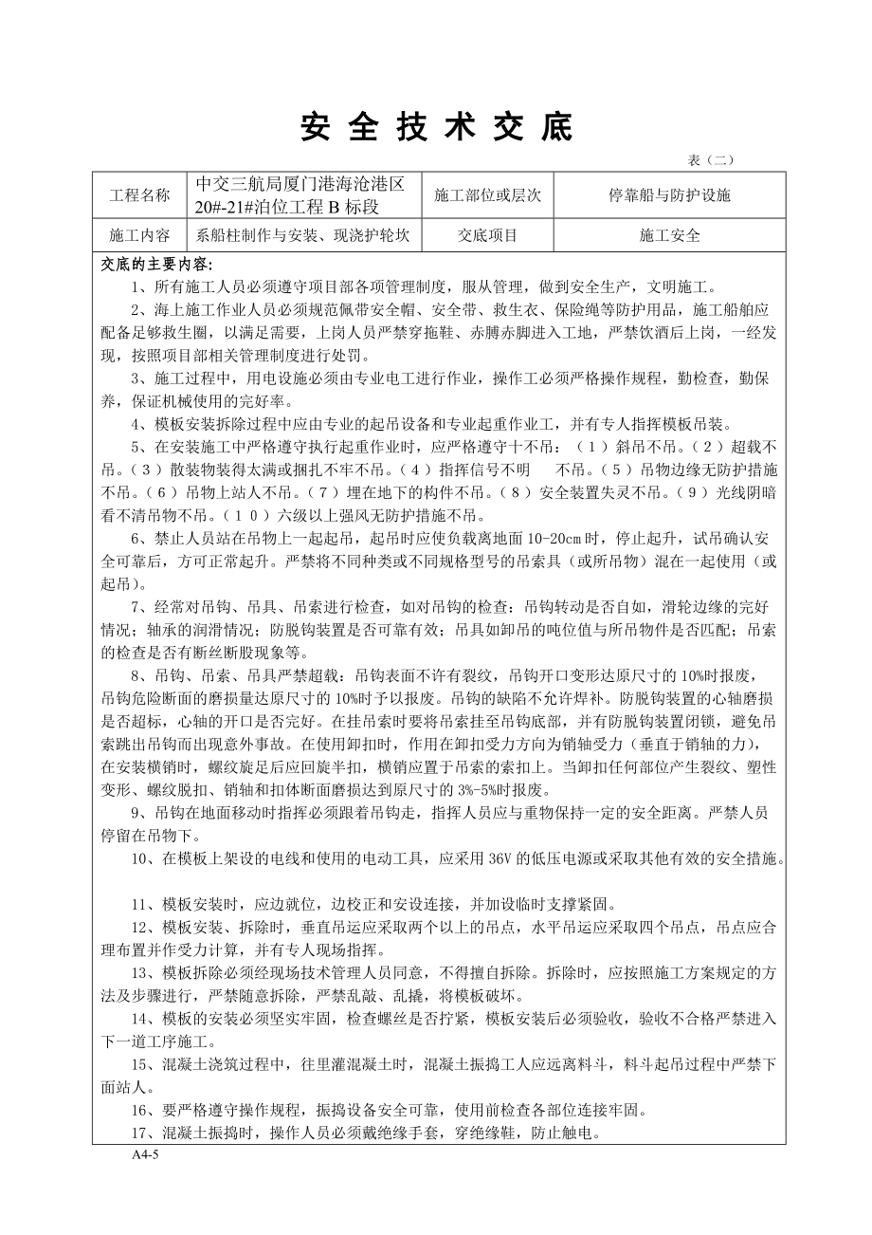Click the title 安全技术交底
437,127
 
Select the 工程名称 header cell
140,196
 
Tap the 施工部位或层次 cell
487,196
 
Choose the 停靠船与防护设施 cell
669,196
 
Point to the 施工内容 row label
140,236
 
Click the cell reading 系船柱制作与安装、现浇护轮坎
303,236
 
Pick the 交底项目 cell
487,236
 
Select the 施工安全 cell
669,236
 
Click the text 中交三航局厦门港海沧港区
300,185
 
